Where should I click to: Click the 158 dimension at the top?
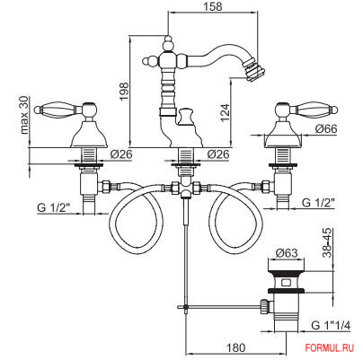coord(214,6)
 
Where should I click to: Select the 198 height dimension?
coord(124,92)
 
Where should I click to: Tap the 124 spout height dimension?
coord(225,112)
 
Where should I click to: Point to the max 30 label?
coord(24,115)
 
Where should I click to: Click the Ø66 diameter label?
coord(326,129)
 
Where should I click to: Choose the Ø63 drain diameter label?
coord(287,253)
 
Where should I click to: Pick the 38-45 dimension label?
coord(327,242)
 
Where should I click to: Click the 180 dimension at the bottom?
coord(236,347)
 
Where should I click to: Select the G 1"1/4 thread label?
coord(331,325)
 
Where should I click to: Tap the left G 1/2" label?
coord(54,207)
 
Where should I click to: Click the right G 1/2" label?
coord(318,203)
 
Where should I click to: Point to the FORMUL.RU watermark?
coord(330,347)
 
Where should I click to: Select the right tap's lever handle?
coord(314,109)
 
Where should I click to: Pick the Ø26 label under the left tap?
coord(121,154)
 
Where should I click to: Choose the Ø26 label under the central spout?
coord(218,154)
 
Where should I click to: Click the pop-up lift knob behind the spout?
coord(185,117)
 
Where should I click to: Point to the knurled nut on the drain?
coord(265,306)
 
